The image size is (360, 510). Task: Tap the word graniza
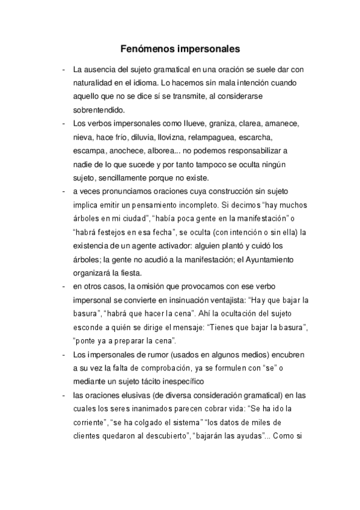tap(226, 123)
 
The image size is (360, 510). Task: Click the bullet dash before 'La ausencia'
tap(63, 69)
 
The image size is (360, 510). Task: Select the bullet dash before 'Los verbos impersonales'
tap(63, 123)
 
